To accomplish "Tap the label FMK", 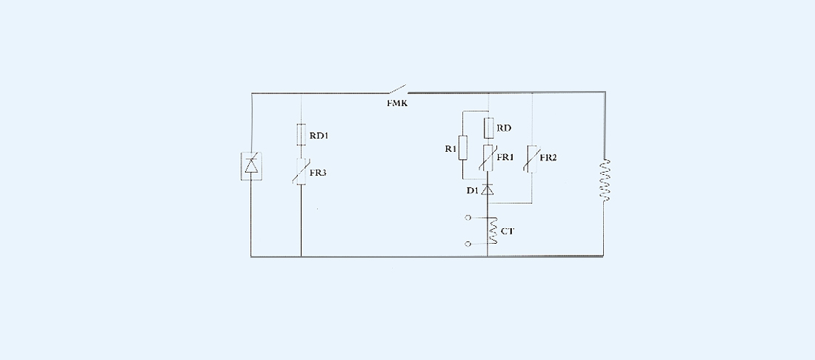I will pyautogui.click(x=396, y=102).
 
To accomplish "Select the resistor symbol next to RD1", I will pyautogui.click(x=302, y=134).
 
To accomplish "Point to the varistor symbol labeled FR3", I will pyautogui.click(x=302, y=171).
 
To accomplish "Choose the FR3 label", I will pyautogui.click(x=317, y=172).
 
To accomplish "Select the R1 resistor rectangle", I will pyautogui.click(x=463, y=148).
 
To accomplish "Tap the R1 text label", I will pyautogui.click(x=450, y=149).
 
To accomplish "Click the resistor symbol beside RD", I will pyautogui.click(x=489, y=128).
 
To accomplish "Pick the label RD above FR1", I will pyautogui.click(x=505, y=128).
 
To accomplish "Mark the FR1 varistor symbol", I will pyautogui.click(x=489, y=158).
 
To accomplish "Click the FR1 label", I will pyautogui.click(x=506, y=158).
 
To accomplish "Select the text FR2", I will pyautogui.click(x=548, y=159).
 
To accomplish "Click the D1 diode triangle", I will pyautogui.click(x=488, y=190).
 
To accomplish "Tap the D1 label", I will pyautogui.click(x=472, y=191).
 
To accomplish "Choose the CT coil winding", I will pyautogui.click(x=490, y=230).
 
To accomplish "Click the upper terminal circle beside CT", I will pyautogui.click(x=468, y=218).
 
